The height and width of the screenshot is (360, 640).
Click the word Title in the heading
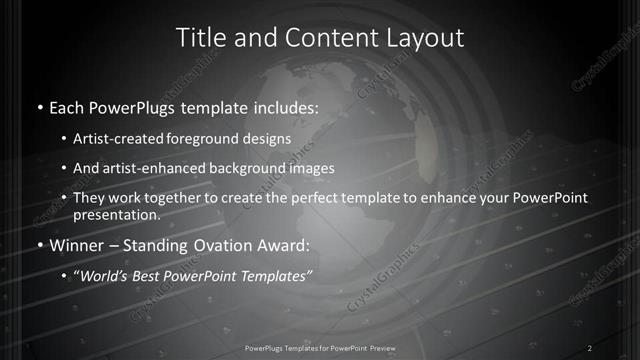200,38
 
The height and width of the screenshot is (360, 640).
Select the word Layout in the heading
428,38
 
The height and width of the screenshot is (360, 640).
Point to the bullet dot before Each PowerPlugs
39,105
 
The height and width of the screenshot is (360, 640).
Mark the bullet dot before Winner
39,246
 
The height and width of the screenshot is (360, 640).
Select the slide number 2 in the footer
590,348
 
